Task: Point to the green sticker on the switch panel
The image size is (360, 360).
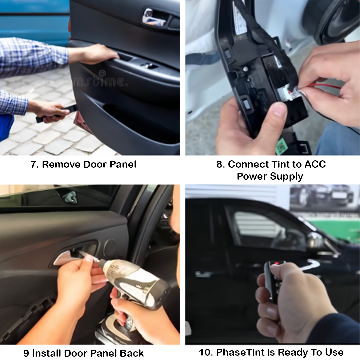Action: click(282, 146)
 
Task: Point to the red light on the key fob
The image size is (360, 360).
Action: click(276, 264)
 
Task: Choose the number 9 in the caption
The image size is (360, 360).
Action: click(26, 353)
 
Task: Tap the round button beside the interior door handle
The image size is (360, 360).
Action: click(109, 248)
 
